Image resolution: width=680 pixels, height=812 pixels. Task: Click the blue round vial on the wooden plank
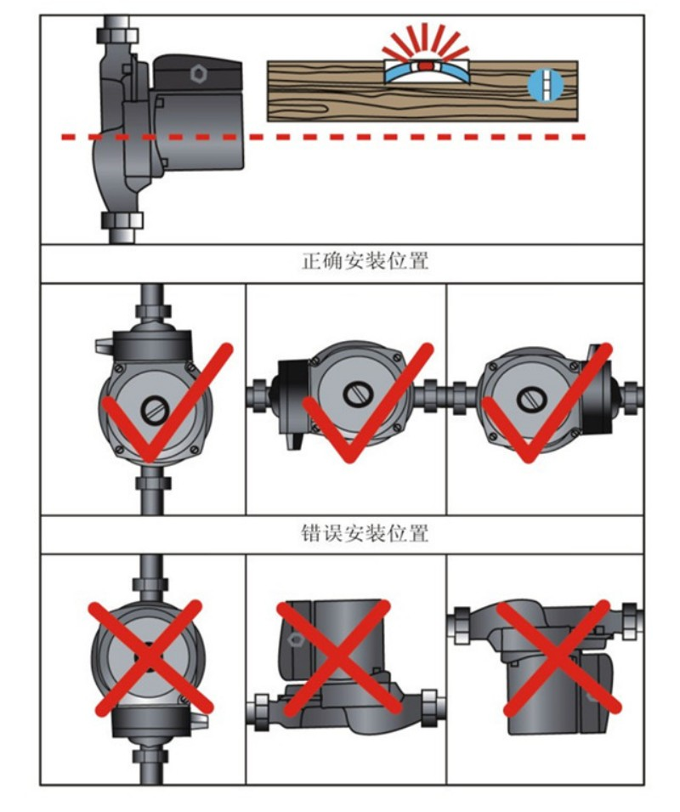coord(537,83)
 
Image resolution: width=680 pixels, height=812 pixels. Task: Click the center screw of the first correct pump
coord(154,411)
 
